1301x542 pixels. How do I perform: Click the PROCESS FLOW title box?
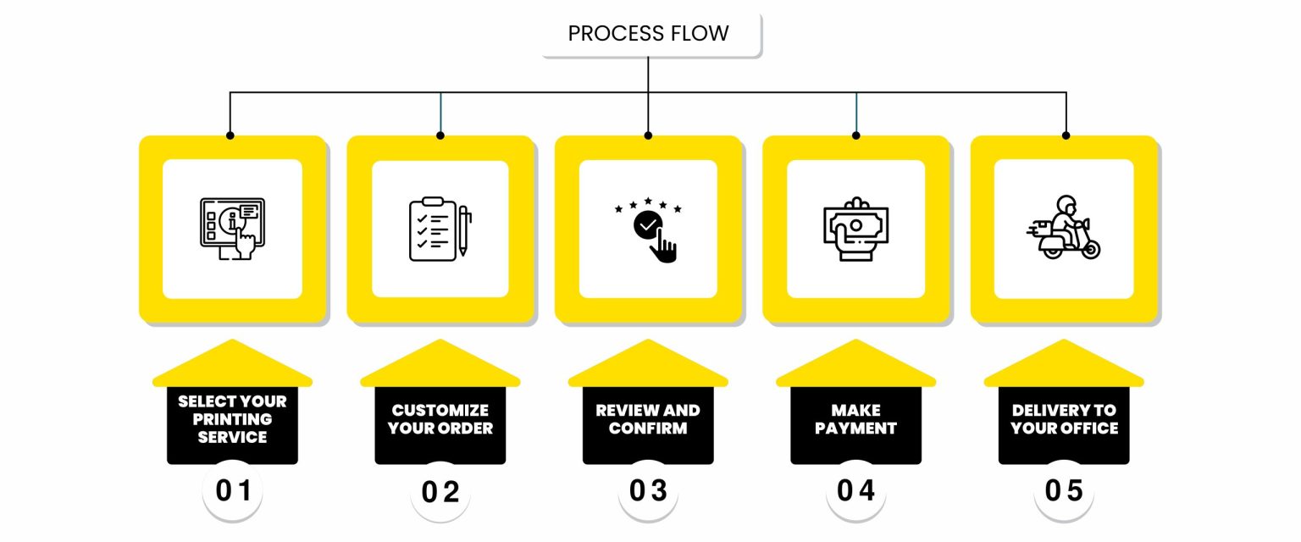(649, 34)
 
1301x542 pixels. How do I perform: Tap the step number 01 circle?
(233, 490)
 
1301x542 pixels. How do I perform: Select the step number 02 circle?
(440, 491)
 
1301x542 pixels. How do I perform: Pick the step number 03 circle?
(648, 490)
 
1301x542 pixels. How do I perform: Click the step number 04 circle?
(855, 490)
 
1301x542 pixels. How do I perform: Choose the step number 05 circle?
(1064, 490)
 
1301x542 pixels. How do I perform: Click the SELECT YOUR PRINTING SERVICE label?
(232, 419)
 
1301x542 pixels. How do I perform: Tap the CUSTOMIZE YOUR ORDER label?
(440, 419)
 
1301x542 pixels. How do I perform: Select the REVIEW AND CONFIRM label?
(648, 419)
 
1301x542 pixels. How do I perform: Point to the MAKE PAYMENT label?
(855, 419)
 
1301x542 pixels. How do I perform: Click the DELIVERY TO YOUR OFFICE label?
(1064, 419)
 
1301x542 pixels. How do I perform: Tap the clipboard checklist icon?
(432, 230)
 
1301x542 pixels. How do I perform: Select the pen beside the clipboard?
(465, 230)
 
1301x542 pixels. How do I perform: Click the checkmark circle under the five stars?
(647, 224)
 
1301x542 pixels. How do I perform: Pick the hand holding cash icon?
(855, 228)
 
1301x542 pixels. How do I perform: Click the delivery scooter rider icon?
(1064, 228)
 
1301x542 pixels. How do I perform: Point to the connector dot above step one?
(230, 135)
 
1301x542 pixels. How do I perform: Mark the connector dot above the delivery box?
(1066, 135)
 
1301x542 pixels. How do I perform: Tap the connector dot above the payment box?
(856, 135)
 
